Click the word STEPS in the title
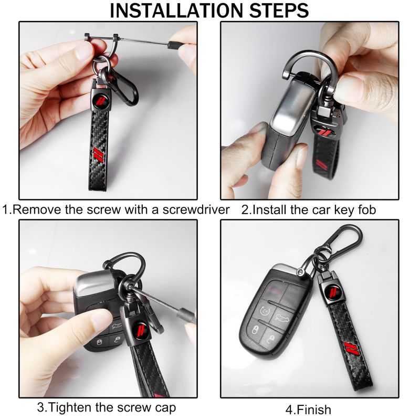(279, 10)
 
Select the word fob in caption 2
(366, 209)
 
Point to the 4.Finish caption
(308, 409)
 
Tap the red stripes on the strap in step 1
(98, 154)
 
